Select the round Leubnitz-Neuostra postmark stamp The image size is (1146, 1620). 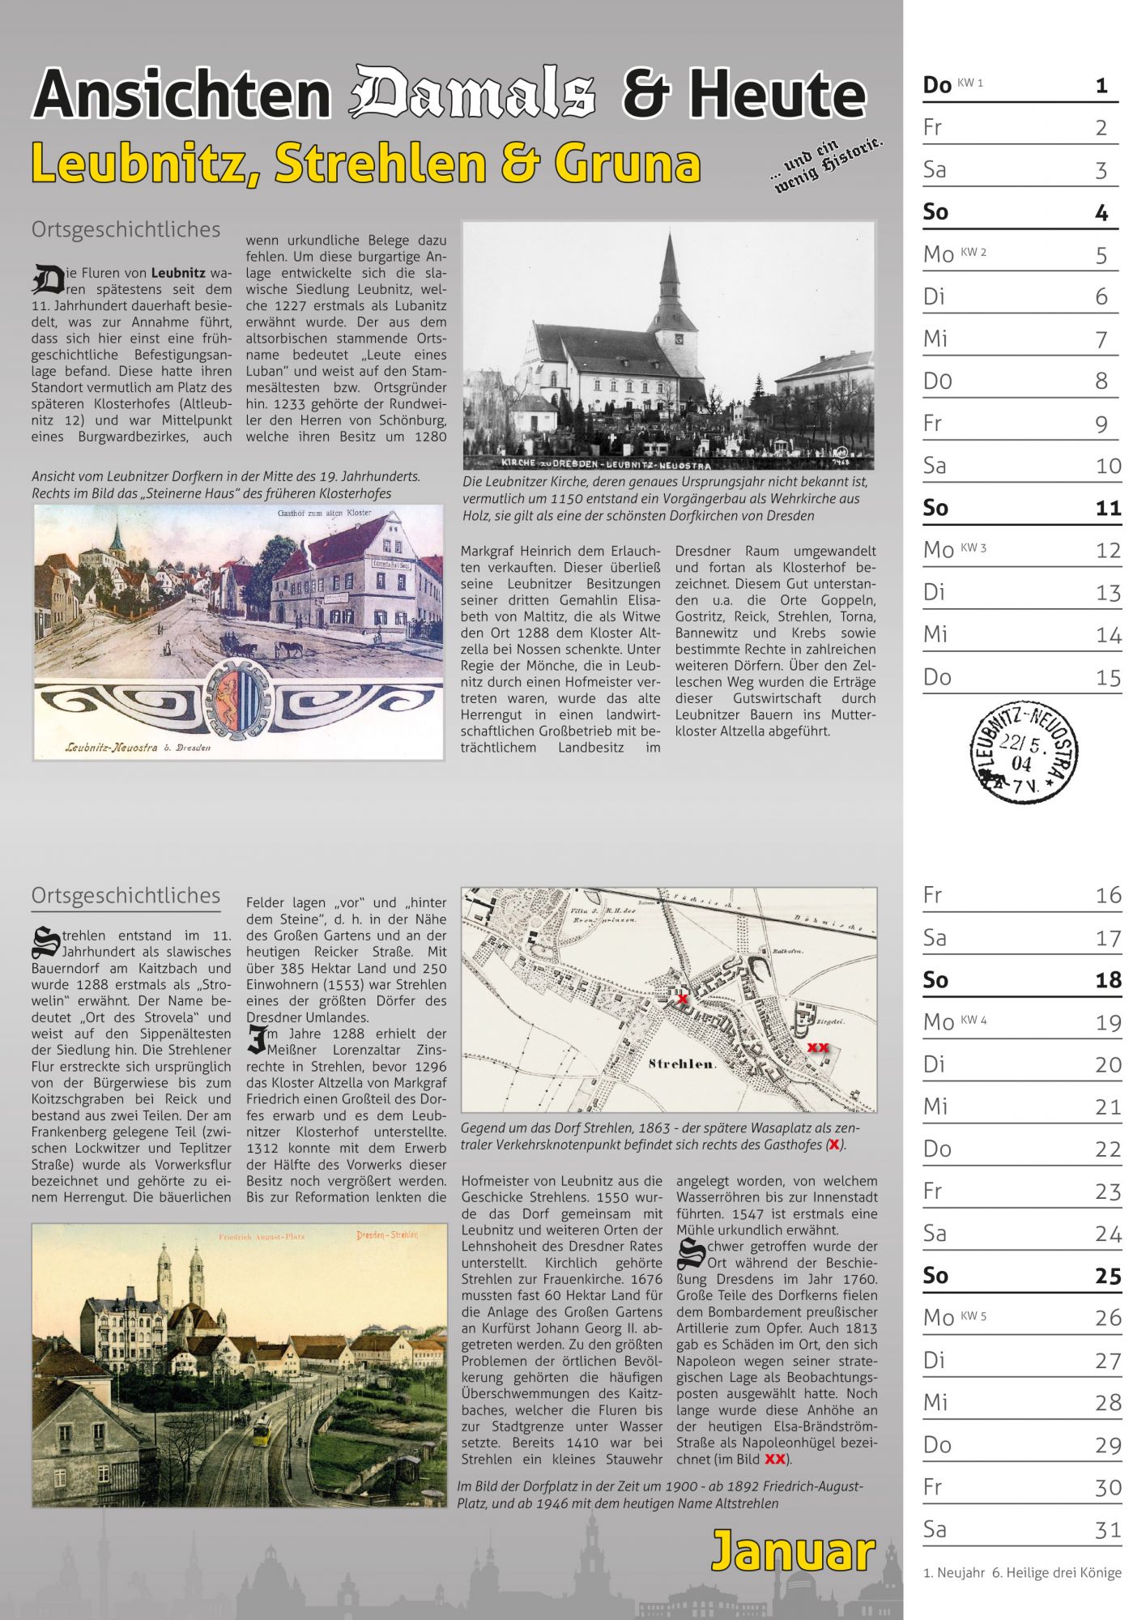1024,753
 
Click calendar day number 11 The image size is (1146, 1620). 1107,509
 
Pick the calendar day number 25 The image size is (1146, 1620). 1107,1277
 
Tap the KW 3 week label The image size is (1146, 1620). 973,548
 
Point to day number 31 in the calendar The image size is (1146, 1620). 1107,1530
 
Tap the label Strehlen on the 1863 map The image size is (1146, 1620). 682,1064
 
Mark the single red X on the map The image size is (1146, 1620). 683,999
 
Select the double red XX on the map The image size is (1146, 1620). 818,1047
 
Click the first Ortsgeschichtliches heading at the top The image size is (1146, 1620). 126,230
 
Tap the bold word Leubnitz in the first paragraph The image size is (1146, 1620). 178,273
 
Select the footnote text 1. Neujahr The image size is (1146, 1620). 952,1573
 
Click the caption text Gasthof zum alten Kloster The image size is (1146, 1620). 324,514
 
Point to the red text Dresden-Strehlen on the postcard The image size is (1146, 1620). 386,1235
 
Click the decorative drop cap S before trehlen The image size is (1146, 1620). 45,941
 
